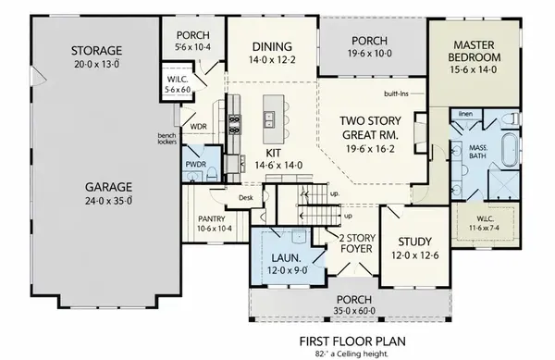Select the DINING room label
pos(271,46)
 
